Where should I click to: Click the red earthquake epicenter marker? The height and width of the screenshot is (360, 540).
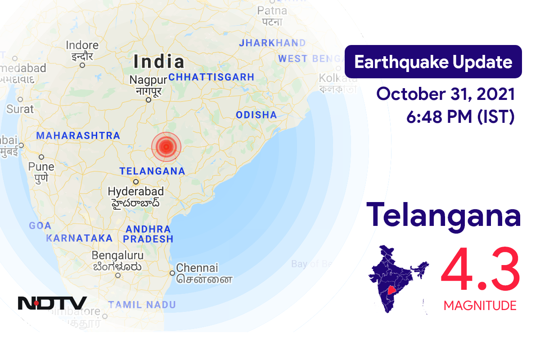click(x=166, y=146)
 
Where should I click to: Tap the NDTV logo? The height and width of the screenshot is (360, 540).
click(x=52, y=303)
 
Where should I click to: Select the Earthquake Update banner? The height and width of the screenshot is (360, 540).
click(x=433, y=62)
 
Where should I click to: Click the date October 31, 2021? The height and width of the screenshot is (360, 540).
click(x=445, y=94)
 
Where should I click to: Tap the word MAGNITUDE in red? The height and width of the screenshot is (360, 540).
click(x=480, y=306)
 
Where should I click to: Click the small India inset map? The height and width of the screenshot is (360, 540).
click(x=398, y=279)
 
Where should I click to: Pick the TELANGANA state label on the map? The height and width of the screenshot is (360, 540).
click(x=152, y=171)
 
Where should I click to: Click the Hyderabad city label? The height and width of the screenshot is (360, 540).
click(x=135, y=191)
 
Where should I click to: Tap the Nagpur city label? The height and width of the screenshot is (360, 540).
click(x=148, y=80)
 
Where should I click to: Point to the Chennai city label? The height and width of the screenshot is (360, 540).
click(x=197, y=268)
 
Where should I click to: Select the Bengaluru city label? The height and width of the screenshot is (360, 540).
click(x=117, y=256)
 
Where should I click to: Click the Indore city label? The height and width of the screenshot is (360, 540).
click(x=82, y=45)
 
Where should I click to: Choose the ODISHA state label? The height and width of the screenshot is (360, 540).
click(x=256, y=115)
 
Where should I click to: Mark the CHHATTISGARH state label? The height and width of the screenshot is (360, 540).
click(x=211, y=77)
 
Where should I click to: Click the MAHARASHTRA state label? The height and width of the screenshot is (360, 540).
click(x=78, y=135)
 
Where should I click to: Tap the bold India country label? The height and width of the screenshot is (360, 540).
click(x=159, y=62)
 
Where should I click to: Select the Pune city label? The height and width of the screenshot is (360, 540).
click(x=41, y=166)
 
